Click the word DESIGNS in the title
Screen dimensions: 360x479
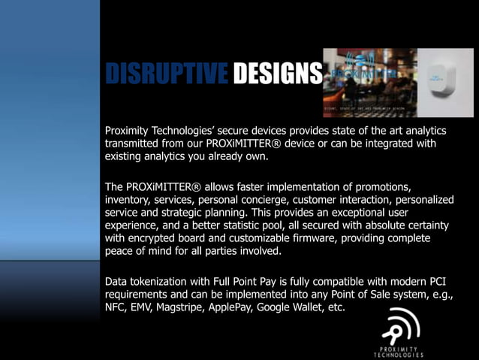277,74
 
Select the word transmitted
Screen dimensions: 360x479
135,143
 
